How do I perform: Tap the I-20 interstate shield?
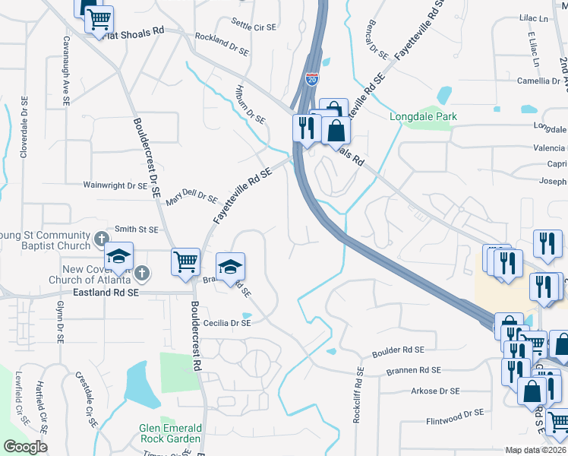click(x=312, y=78)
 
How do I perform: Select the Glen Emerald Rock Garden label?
click(x=170, y=433)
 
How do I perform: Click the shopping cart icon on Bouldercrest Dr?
click(x=185, y=262)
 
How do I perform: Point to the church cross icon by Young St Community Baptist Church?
click(x=101, y=240)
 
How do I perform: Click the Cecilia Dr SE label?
click(x=226, y=322)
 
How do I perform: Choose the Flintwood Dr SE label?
click(x=455, y=413)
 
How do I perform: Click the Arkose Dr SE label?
click(x=435, y=391)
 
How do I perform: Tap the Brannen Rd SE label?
click(x=413, y=371)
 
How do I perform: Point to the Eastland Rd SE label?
click(x=107, y=292)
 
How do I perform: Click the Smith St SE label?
click(x=136, y=229)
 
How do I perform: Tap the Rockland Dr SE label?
click(x=222, y=44)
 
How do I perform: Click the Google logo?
click(x=25, y=447)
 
